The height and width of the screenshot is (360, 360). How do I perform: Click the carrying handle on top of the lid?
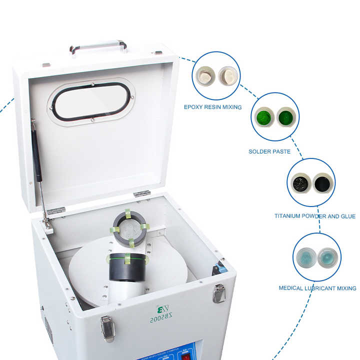click(x=98, y=45)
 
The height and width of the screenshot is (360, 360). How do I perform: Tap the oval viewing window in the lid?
click(x=91, y=101)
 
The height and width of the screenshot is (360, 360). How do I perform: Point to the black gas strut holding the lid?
click(x=36, y=155)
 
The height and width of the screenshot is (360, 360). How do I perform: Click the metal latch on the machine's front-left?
click(x=107, y=328)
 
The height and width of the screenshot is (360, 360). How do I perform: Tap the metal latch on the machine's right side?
click(x=218, y=293)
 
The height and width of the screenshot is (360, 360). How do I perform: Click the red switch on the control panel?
click(x=186, y=356)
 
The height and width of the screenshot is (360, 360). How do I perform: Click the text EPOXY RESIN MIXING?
click(x=212, y=107)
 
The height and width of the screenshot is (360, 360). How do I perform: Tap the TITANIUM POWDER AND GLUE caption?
click(x=315, y=216)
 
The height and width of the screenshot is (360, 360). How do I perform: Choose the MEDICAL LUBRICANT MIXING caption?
click(x=317, y=288)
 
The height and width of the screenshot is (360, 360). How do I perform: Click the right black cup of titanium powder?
click(x=322, y=182)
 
